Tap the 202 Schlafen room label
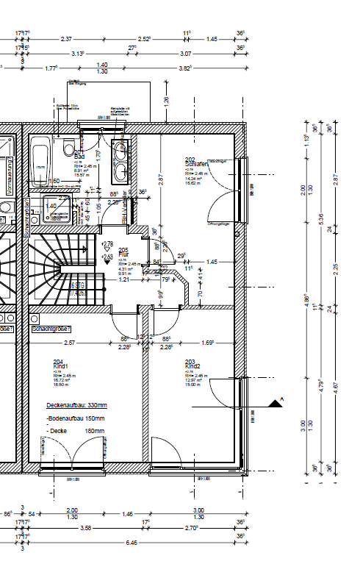coord(195,162)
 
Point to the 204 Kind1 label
coord(60,364)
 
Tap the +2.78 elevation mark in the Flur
coord(107,244)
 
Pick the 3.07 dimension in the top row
coord(185,54)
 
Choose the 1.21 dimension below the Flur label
coord(124,279)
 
